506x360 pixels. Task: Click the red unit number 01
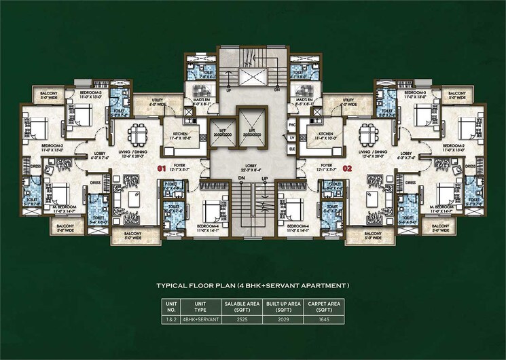[x=162, y=166]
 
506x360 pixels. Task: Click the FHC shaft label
[x=293, y=125]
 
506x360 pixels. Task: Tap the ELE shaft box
[x=293, y=147]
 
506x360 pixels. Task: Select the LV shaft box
[x=293, y=137]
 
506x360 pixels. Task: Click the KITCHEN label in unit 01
[x=180, y=135]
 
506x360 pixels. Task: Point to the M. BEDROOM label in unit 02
[x=441, y=206]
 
